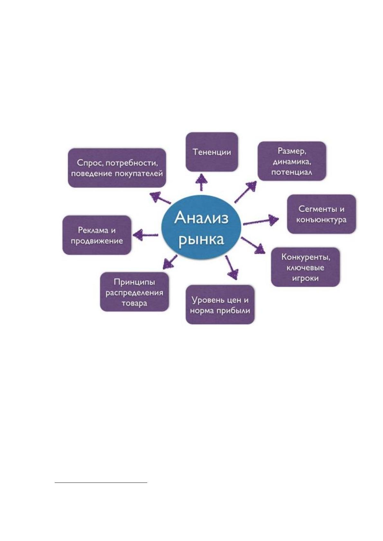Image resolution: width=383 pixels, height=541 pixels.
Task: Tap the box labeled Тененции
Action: click(212, 152)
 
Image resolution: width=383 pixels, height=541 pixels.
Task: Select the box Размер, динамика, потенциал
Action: click(292, 161)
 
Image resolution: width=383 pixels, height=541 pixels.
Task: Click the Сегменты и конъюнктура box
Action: click(321, 214)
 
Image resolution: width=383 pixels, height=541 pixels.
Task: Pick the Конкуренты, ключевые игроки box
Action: click(305, 267)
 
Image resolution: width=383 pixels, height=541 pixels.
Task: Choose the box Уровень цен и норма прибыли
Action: click(220, 305)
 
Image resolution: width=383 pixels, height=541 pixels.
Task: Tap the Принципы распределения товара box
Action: click(134, 292)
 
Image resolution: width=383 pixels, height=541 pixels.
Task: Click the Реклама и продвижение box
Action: click(97, 235)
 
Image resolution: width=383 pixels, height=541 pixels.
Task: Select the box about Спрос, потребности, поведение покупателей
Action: click(117, 168)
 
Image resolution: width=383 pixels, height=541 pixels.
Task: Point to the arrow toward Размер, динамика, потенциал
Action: click(245, 192)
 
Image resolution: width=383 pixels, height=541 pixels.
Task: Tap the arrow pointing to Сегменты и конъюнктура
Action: click(261, 221)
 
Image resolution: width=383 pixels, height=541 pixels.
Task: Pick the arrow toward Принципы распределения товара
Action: click(170, 262)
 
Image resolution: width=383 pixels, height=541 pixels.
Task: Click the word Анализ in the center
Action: click(201, 218)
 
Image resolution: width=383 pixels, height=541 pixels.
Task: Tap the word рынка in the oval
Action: click(201, 240)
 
